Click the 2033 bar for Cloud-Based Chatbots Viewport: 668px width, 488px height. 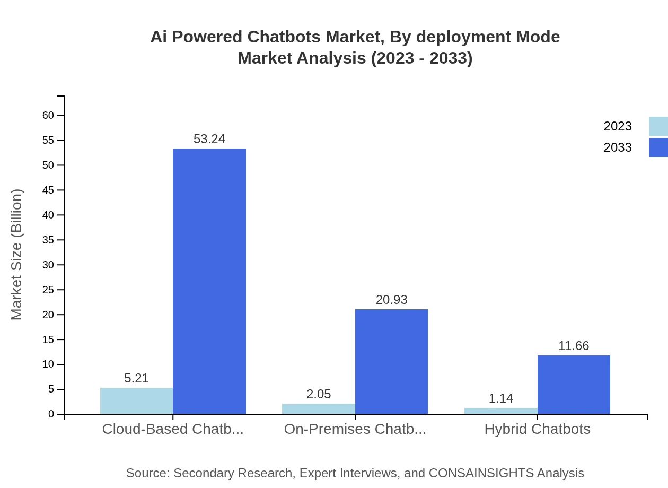(x=209, y=281)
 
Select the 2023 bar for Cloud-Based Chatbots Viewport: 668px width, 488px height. (x=136, y=401)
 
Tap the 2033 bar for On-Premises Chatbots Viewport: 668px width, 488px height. (x=391, y=361)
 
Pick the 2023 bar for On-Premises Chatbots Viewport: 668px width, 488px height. (x=319, y=409)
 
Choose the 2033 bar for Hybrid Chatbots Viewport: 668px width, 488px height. (x=574, y=385)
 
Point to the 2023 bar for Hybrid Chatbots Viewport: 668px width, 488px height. (x=501, y=411)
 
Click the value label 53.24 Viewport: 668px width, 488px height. (x=209, y=139)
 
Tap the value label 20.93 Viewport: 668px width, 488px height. (x=391, y=300)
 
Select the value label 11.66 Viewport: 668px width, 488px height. (x=574, y=346)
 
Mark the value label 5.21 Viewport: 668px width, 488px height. (x=136, y=378)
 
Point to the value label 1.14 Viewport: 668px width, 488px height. (x=501, y=398)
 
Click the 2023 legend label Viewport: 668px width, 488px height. (x=618, y=126)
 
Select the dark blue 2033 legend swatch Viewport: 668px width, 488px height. (x=658, y=147)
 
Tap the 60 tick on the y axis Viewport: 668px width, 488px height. (x=48, y=115)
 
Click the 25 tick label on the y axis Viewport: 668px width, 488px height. (x=48, y=290)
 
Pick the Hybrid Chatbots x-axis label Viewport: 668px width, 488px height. (x=537, y=429)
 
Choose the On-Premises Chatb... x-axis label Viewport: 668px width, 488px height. (x=355, y=429)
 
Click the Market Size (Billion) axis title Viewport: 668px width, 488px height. (x=16, y=255)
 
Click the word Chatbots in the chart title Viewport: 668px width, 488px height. (x=282, y=37)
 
